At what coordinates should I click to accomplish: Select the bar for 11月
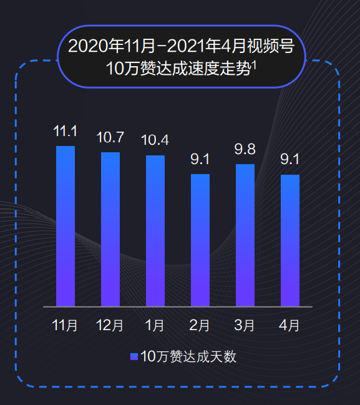pyautogui.click(x=66, y=227)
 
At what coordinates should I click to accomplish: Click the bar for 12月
pyautogui.click(x=110, y=230)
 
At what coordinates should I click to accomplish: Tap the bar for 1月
pyautogui.click(x=155, y=231)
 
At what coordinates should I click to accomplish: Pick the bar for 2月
pyautogui.click(x=200, y=240)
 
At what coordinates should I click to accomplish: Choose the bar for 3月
pyautogui.click(x=245, y=235)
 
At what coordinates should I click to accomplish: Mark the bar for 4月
pyautogui.click(x=290, y=241)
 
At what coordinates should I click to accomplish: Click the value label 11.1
pyautogui.click(x=66, y=131)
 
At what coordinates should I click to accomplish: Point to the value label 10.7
pyautogui.click(x=110, y=137)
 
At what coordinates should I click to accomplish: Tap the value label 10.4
pyautogui.click(x=155, y=140)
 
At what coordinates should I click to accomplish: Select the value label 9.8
pyautogui.click(x=245, y=149)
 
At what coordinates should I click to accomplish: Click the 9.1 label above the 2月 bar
pyautogui.click(x=200, y=159)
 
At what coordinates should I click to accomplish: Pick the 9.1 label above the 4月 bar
pyautogui.click(x=289, y=159)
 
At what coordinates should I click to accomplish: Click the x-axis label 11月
pyautogui.click(x=65, y=325)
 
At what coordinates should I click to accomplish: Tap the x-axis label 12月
pyautogui.click(x=110, y=325)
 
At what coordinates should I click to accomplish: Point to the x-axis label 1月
pyautogui.click(x=155, y=325)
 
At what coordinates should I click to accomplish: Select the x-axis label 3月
pyautogui.click(x=245, y=325)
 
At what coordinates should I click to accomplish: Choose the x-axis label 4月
pyautogui.click(x=289, y=325)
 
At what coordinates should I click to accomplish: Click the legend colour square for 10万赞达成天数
pyautogui.click(x=134, y=357)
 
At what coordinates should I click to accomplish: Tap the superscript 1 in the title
pyautogui.click(x=254, y=65)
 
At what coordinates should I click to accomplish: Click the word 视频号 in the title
pyautogui.click(x=271, y=46)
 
